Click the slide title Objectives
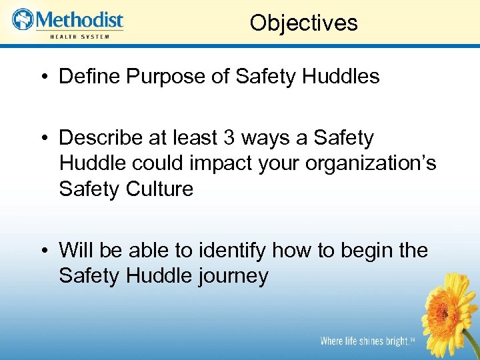[x=303, y=23]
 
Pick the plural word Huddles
[x=341, y=77]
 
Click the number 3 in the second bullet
[x=230, y=138]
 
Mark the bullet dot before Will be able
[x=43, y=251]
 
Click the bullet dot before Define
[x=43, y=77]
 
